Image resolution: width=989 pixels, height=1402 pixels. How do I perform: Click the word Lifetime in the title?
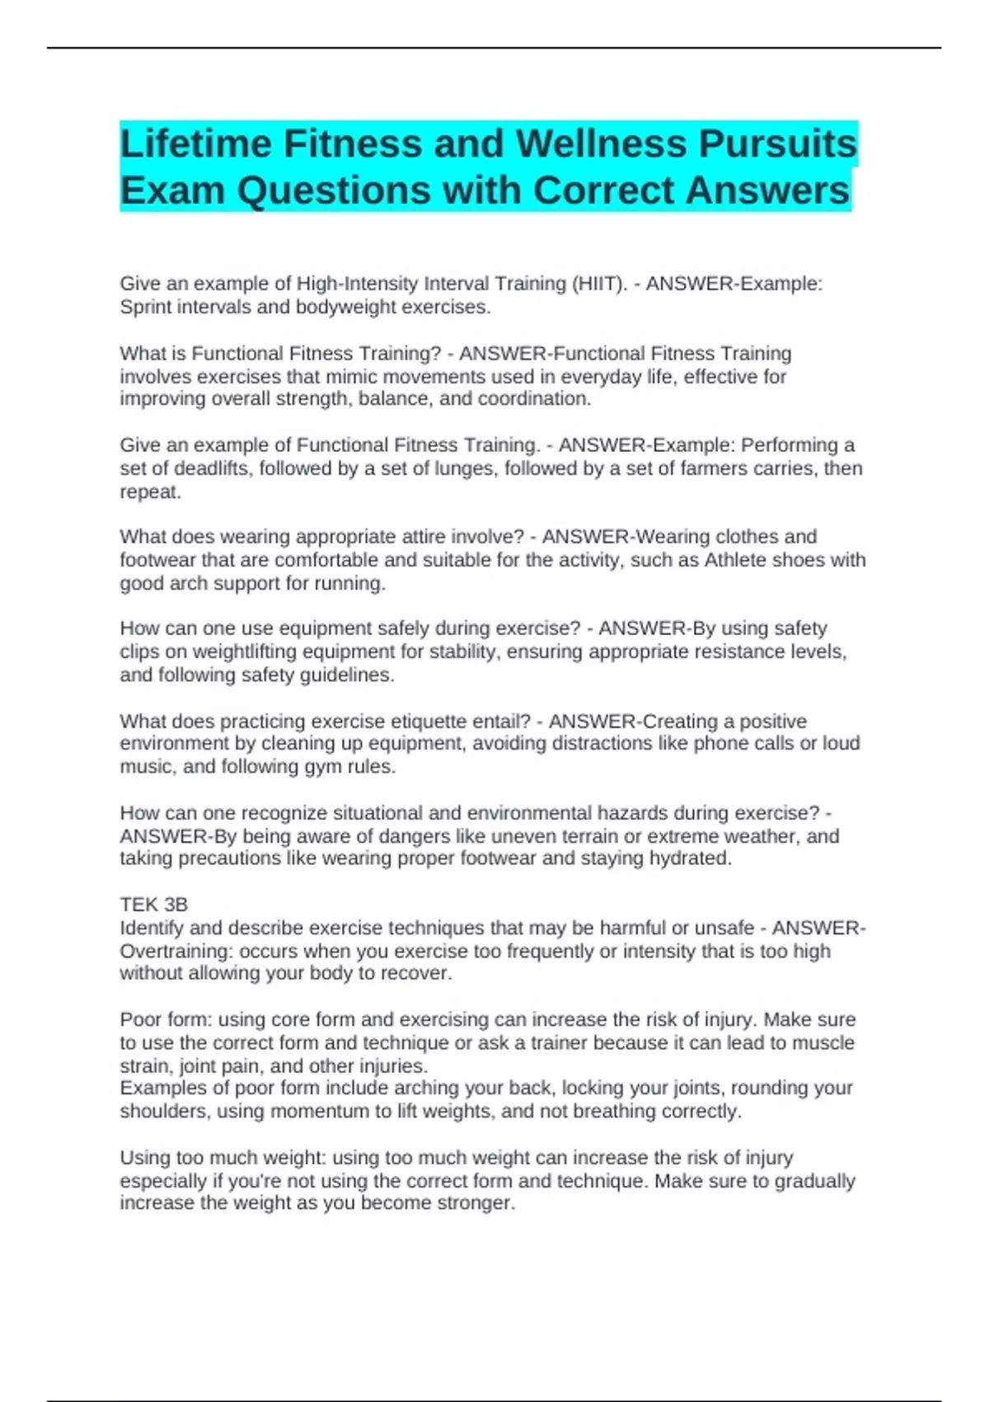point(196,144)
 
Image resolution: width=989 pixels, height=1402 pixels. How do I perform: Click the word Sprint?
point(146,307)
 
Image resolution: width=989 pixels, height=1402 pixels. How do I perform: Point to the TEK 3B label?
point(153,905)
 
